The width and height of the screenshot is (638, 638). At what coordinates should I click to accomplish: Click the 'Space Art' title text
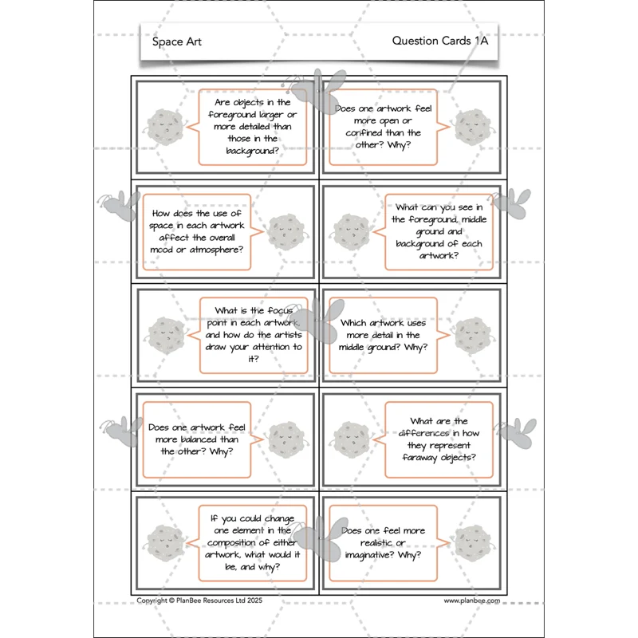point(176,41)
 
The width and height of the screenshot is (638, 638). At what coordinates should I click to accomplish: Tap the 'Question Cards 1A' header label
point(440,41)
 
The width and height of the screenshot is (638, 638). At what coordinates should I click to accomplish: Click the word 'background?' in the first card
point(252,151)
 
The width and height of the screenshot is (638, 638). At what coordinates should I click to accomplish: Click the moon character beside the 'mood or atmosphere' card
point(286,232)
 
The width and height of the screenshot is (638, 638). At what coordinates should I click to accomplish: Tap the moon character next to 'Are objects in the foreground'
point(165,128)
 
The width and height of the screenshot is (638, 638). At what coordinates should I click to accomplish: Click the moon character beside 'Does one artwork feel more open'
point(473,128)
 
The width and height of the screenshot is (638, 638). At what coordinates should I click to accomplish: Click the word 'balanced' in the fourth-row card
point(198,439)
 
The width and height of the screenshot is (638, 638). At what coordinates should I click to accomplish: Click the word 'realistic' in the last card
point(376,543)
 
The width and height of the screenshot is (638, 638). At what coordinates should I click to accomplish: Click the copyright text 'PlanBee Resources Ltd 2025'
point(219,601)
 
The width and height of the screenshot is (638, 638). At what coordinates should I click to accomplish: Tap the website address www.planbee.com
point(471,601)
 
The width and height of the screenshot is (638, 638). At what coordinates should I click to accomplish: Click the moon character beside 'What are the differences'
point(352,440)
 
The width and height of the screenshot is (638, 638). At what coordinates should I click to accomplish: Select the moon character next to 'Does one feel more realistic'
point(473,543)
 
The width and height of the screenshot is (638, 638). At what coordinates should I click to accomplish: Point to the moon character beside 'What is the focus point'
point(166,335)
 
